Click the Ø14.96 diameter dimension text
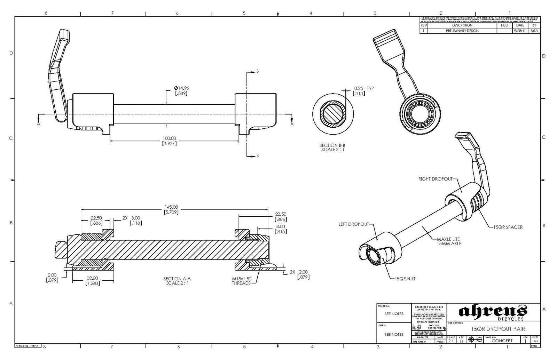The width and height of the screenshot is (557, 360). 181,88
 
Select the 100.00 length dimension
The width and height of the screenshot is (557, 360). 169,138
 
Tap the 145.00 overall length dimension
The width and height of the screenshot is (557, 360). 171,207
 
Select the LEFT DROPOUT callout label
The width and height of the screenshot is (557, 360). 353,224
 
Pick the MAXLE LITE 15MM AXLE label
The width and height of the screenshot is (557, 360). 449,241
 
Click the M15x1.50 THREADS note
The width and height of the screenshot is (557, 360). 241,281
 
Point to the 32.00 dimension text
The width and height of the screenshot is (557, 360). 92,278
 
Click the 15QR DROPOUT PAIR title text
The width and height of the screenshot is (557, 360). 498,329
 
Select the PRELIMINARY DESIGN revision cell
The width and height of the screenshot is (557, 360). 462,31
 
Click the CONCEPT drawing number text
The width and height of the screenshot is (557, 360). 502,341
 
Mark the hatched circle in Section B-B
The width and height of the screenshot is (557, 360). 333,114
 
